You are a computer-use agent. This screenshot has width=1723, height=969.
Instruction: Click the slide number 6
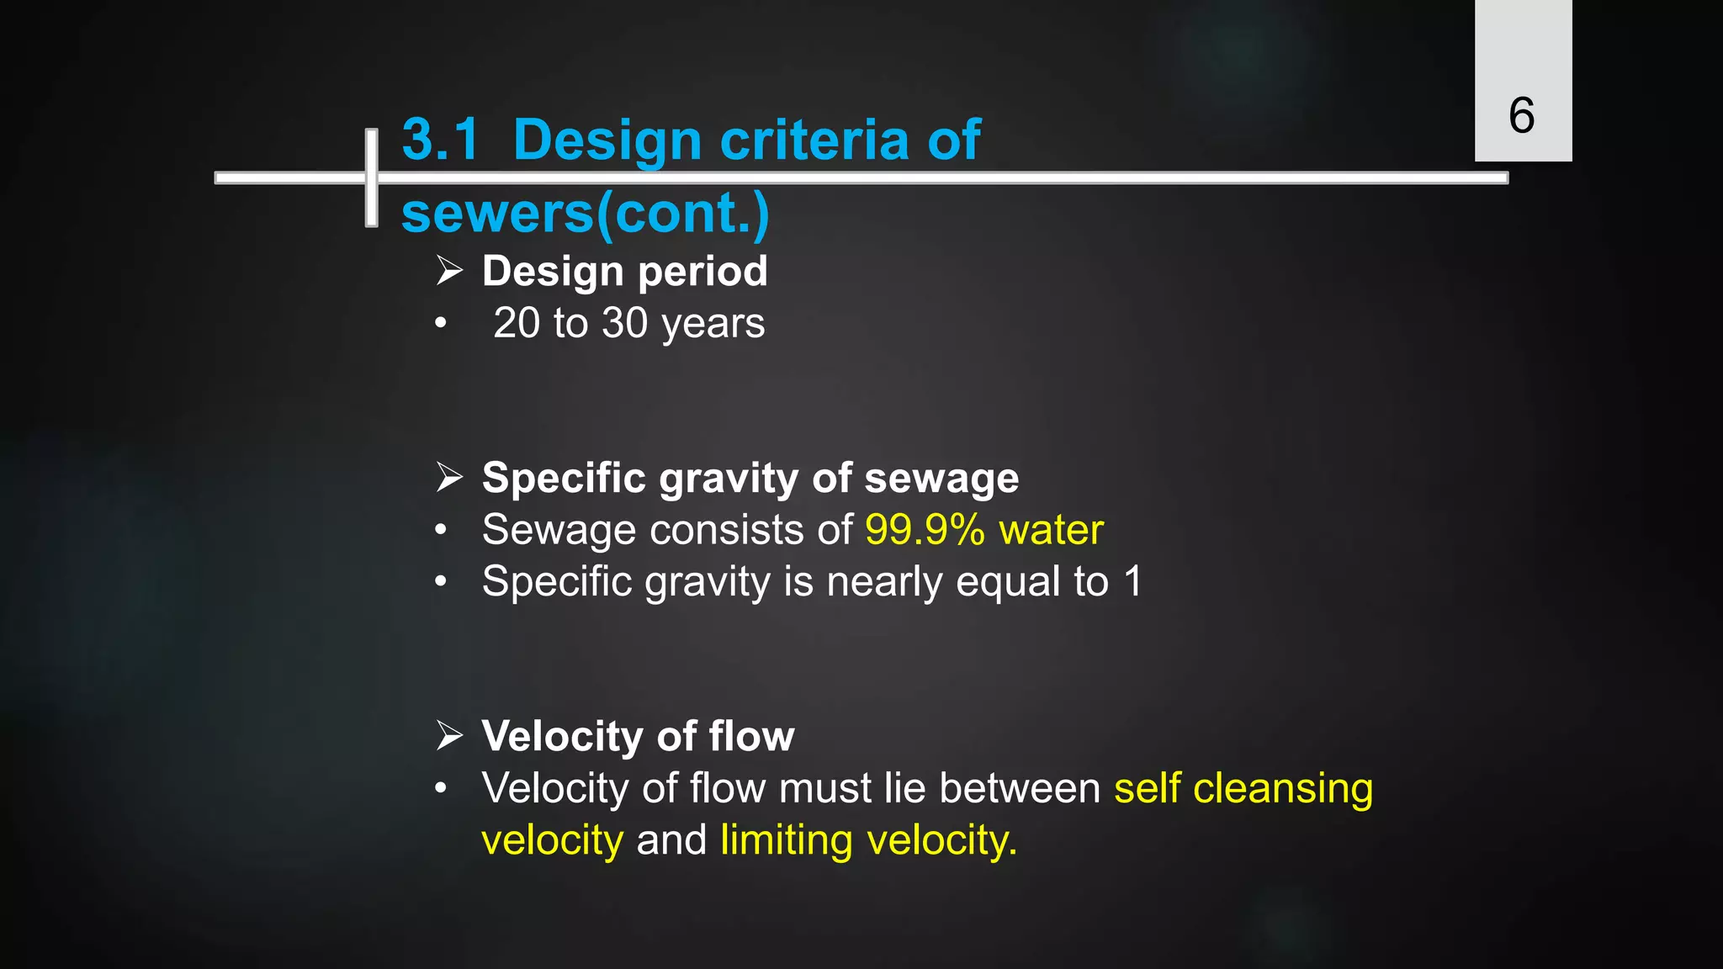[1521, 115]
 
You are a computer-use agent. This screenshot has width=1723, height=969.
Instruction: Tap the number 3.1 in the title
[440, 139]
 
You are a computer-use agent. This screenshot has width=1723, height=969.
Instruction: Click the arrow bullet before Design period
[450, 271]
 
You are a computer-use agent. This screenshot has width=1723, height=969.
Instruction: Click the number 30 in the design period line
[624, 323]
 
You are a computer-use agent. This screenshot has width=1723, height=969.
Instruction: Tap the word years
[713, 325]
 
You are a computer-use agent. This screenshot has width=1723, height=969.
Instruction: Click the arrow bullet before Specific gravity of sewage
[450, 478]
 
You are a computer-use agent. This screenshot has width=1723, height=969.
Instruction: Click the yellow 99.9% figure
[925, 530]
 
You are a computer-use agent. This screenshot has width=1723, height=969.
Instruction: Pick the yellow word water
[1051, 530]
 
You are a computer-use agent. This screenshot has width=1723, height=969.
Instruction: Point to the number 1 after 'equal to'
[1133, 581]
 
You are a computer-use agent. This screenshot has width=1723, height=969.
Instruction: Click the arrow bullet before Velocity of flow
[450, 736]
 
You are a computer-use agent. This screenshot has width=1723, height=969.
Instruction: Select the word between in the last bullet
[1020, 789]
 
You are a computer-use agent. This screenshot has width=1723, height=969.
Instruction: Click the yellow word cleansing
[1282, 789]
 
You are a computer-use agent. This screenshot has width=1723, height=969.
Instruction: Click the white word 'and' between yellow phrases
[671, 840]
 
